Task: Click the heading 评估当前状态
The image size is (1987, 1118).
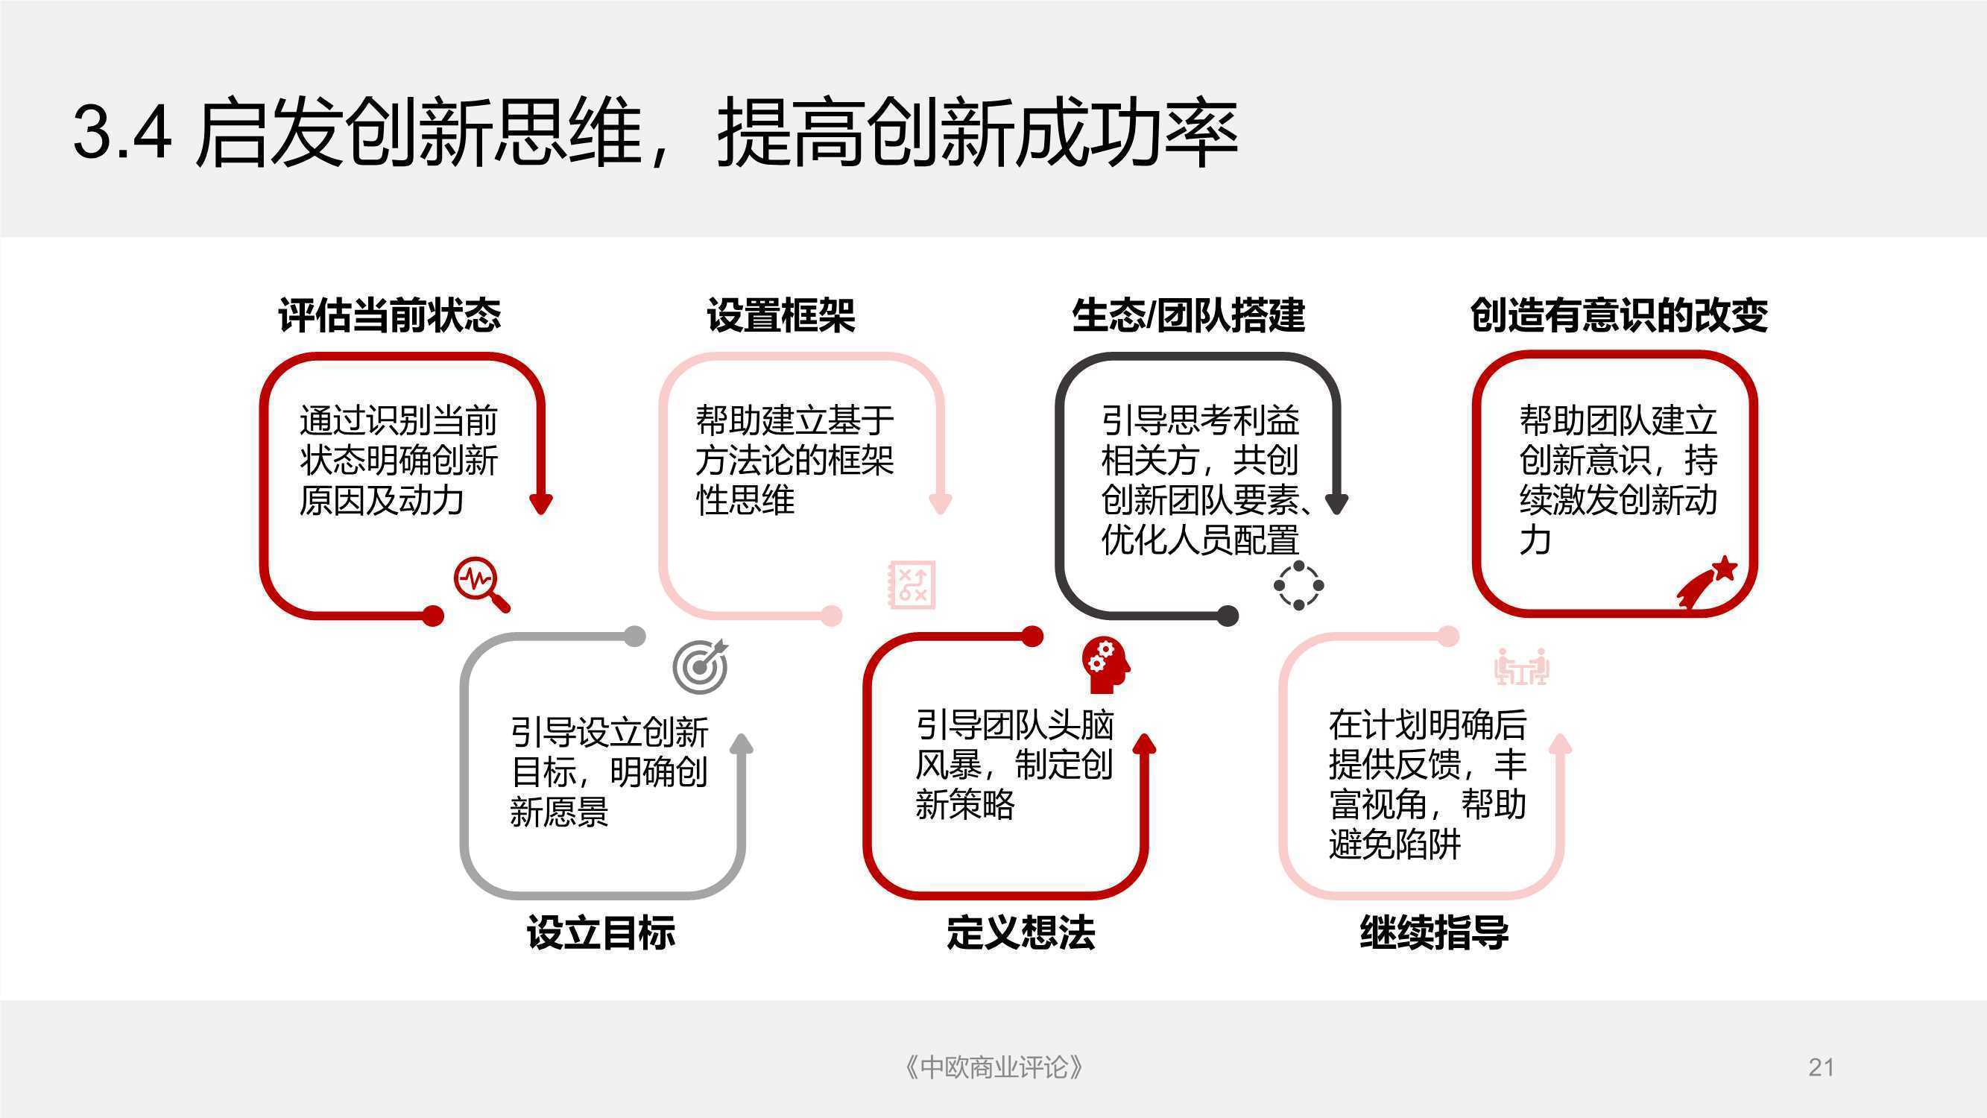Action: click(x=390, y=315)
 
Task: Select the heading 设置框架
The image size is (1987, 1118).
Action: click(x=780, y=315)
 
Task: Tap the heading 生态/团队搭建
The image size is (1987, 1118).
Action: click(x=1188, y=315)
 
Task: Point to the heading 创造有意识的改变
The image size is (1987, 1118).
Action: click(x=1618, y=315)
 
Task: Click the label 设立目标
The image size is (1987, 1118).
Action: click(x=601, y=932)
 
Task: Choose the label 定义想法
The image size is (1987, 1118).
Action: click(x=1020, y=932)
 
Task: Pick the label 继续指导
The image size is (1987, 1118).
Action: click(x=1434, y=932)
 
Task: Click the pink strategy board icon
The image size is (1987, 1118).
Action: click(x=912, y=585)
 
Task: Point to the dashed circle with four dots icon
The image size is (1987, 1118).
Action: click(x=1299, y=586)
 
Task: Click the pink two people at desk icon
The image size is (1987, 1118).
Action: click(x=1521, y=666)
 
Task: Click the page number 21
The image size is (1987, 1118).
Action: click(x=1821, y=1067)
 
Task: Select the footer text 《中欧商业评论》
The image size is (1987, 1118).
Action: click(x=993, y=1067)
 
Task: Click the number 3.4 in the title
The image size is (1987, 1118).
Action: click(x=123, y=131)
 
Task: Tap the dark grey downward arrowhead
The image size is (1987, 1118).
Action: click(x=1336, y=504)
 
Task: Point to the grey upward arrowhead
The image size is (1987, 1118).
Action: click(x=742, y=744)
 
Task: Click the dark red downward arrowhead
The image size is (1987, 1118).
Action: click(x=540, y=504)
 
